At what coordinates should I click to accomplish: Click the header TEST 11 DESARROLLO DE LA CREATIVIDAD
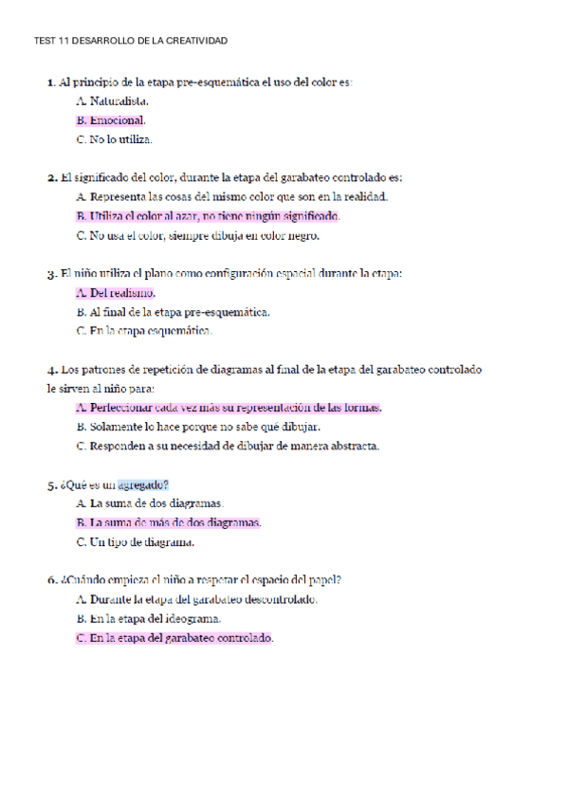(131, 41)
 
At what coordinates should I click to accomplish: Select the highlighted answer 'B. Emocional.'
(110, 120)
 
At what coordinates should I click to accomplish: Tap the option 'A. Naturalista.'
(112, 101)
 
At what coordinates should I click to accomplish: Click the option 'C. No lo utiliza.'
(114, 139)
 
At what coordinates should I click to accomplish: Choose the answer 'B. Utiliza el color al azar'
(207, 216)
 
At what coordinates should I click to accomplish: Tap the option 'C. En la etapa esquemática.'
(143, 331)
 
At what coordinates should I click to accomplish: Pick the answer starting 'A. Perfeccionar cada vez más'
(228, 408)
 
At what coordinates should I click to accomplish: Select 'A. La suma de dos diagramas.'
(149, 503)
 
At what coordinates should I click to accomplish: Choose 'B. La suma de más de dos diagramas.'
(168, 522)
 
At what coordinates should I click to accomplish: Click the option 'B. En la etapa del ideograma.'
(154, 618)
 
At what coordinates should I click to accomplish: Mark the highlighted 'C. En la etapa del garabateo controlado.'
(174, 638)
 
